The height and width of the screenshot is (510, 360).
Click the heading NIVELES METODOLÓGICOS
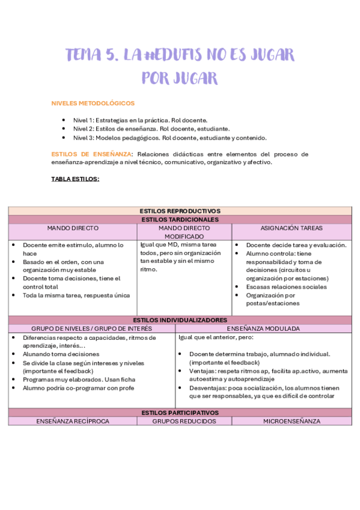tap(93, 103)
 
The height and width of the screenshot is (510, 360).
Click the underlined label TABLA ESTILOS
tap(75, 179)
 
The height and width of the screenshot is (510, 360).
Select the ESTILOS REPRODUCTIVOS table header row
tap(180, 211)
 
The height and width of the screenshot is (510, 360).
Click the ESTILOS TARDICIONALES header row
tap(180, 220)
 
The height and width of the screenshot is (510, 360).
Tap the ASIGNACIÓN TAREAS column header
tap(291, 228)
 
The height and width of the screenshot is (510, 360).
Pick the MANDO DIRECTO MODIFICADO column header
tap(185, 232)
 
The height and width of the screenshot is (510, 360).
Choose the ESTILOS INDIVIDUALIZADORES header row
tap(180, 320)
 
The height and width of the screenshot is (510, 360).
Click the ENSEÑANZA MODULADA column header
tap(263, 328)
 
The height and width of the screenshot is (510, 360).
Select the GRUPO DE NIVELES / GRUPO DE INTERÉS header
tap(91, 328)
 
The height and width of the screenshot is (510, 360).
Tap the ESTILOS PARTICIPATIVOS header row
tap(180, 413)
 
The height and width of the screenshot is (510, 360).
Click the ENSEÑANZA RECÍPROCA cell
tap(73, 421)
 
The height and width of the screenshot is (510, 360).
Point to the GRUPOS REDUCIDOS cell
tap(179, 421)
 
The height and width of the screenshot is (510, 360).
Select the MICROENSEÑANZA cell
tap(291, 421)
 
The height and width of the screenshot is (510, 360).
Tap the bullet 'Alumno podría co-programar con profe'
tap(79, 388)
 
